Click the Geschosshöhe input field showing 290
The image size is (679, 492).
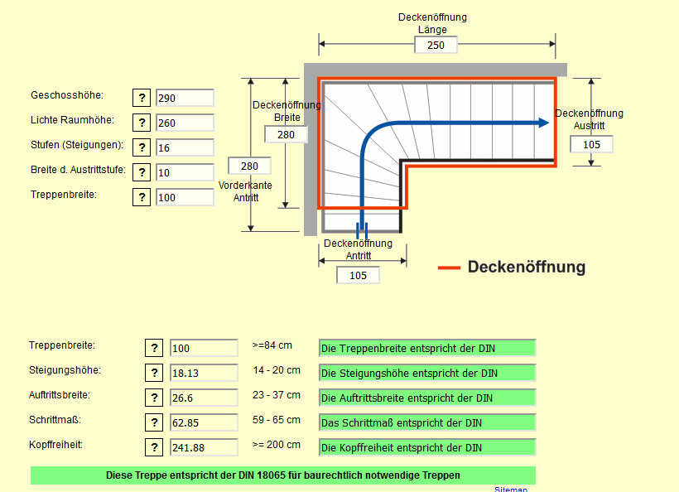tap(185, 98)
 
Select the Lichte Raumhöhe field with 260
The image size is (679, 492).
tap(185, 123)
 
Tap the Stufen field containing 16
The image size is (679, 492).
tap(185, 147)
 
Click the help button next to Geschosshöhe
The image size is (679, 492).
tap(142, 98)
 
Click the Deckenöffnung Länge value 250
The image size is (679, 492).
tap(436, 45)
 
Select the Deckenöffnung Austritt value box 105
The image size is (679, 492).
tap(591, 144)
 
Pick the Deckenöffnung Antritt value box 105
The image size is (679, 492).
tap(358, 275)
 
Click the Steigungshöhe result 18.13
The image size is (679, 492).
tap(204, 374)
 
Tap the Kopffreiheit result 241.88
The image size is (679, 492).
tap(204, 448)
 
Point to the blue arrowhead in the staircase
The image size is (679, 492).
tap(542, 123)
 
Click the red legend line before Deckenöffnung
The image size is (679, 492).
tap(449, 268)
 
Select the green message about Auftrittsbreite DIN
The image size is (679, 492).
tap(427, 398)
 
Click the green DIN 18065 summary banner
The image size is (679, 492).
tap(283, 475)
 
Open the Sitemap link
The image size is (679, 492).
tap(511, 490)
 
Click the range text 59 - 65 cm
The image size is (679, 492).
tap(277, 420)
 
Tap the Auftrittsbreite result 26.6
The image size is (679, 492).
tap(204, 398)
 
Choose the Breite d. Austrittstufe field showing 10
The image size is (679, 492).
tap(185, 172)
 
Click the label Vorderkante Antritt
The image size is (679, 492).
tap(245, 191)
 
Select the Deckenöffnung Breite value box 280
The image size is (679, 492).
tap(286, 134)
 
